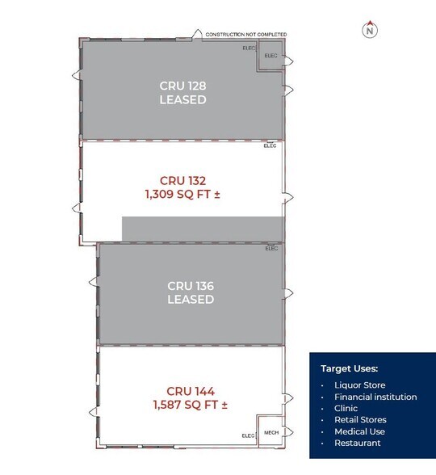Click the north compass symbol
370,30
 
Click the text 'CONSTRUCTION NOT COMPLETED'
245,35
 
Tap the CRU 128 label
182,86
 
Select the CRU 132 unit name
182,181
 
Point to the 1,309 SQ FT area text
182,194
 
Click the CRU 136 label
191,286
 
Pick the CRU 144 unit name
191,391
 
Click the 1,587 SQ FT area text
191,405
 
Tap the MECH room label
271,433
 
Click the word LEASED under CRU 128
182,99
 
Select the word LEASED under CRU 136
191,299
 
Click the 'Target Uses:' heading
350,368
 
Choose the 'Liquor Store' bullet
360,385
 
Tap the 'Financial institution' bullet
375,397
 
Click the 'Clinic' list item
346,409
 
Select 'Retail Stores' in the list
360,419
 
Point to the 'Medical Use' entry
360,431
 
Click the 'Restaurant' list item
358,443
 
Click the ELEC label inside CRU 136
271,249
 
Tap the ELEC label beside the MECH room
249,435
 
